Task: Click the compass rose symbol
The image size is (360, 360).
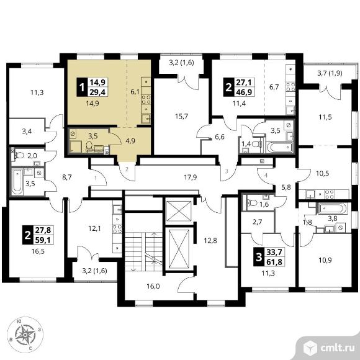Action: [x=25, y=335]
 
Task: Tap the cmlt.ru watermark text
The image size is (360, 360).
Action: [x=337, y=348]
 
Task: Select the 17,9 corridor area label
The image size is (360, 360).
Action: [x=191, y=178]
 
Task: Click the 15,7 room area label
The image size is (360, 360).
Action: [x=182, y=117]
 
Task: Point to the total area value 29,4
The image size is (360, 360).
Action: [x=97, y=92]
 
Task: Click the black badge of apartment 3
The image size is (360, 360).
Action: [x=259, y=257]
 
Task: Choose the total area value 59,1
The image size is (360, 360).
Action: [x=44, y=240]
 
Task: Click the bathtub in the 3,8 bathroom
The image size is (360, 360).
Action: [x=333, y=208]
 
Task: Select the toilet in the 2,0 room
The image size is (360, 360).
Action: [x=19, y=155]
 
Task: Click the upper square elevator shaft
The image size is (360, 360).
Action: [x=178, y=211]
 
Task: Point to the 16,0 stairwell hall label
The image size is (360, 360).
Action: [x=153, y=286]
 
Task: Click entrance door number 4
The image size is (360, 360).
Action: [x=266, y=176]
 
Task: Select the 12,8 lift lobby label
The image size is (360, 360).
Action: [x=210, y=240]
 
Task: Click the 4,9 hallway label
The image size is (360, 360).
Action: [x=130, y=141]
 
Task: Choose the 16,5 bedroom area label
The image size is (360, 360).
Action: [x=38, y=251]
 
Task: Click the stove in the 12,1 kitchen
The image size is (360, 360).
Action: [x=117, y=229]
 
